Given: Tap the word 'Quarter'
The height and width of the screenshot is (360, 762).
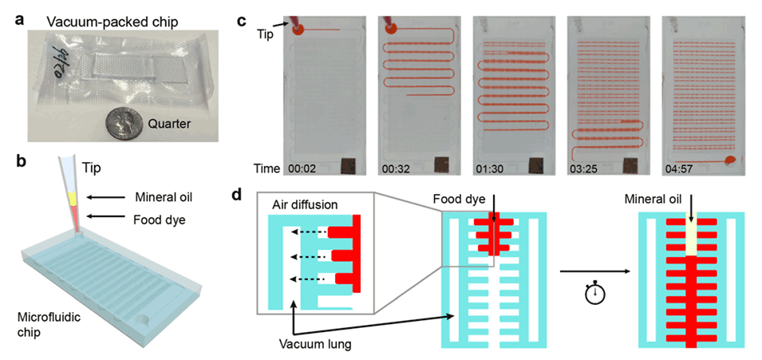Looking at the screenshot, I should point(170,124).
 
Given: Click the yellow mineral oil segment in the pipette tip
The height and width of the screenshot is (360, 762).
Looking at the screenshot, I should point(71,197).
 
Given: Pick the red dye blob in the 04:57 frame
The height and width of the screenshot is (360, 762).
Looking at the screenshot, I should point(729,162).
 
